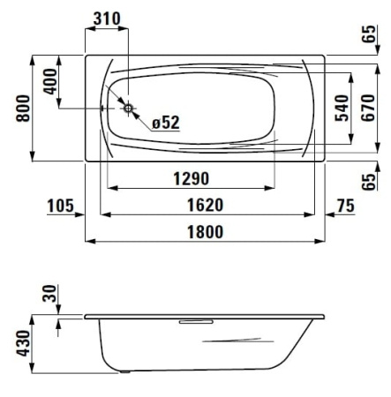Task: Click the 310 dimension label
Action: tap(107, 19)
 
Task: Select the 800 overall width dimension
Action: tap(23, 109)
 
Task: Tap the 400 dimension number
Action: tap(49, 81)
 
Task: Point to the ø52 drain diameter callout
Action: tap(166, 123)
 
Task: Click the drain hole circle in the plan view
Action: tap(128, 109)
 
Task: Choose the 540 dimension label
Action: tap(342, 108)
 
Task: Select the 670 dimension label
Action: tap(368, 108)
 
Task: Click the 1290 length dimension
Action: tap(192, 178)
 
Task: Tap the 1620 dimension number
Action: tap(206, 205)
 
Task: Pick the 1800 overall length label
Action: tap(206, 232)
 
